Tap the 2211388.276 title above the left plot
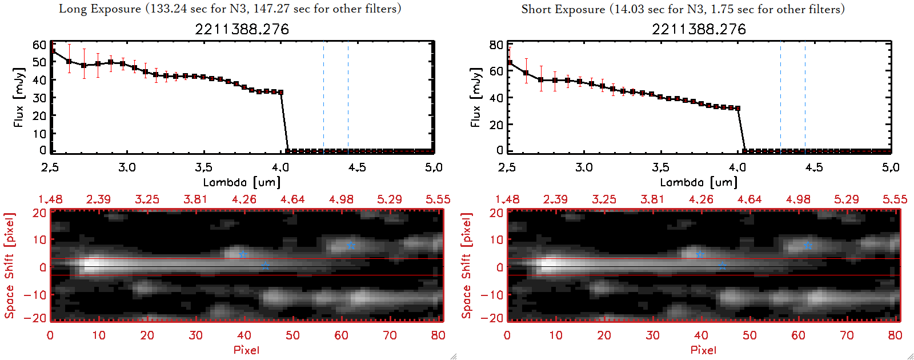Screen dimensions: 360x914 pos(242,29)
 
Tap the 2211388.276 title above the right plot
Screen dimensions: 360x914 pos(699,29)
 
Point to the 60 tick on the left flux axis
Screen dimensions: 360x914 pos(39,45)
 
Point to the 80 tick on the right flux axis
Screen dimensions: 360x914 pos(496,45)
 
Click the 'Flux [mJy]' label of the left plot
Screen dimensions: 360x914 pos(19,97)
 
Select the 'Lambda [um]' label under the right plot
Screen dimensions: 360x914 pos(699,182)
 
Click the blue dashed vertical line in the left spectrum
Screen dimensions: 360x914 pos(323,97)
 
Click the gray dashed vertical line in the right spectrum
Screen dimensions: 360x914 pos(805,97)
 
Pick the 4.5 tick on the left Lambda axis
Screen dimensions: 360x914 pos(357,167)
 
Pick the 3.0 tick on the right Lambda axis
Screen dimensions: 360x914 pos(584,167)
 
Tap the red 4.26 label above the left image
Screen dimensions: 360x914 pos(244,199)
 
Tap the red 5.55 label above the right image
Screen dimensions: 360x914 pos(895,199)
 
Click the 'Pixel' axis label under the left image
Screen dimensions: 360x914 pos(246,350)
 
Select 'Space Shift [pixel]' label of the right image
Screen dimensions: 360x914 pos(467,266)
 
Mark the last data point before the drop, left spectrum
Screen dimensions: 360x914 pos(280,92)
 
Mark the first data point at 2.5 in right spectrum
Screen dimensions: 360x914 pos(509,63)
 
